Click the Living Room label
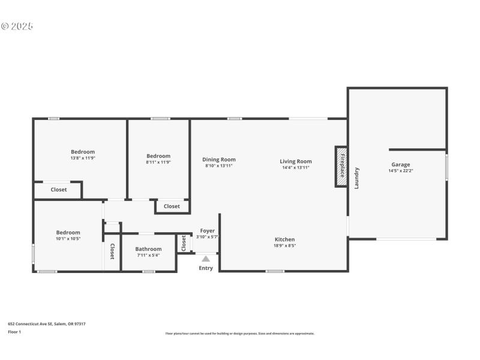[x=296, y=161]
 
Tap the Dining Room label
[x=219, y=160]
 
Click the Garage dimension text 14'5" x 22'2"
[x=401, y=171]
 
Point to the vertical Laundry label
[x=356, y=178]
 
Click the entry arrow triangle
[x=206, y=259]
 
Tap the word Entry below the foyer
[x=206, y=268]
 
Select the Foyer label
[x=208, y=231]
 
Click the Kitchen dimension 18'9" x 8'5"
[x=284, y=245]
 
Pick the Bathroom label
[x=148, y=249]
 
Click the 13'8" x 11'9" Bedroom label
[x=83, y=152]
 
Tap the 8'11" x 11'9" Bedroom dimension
[x=158, y=162]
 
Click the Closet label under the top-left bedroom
[x=59, y=190]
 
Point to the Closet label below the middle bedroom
[x=172, y=206]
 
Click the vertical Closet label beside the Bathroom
[x=112, y=253]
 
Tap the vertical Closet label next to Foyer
[x=184, y=243]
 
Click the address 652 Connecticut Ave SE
[x=46, y=324]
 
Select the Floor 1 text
[x=14, y=332]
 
